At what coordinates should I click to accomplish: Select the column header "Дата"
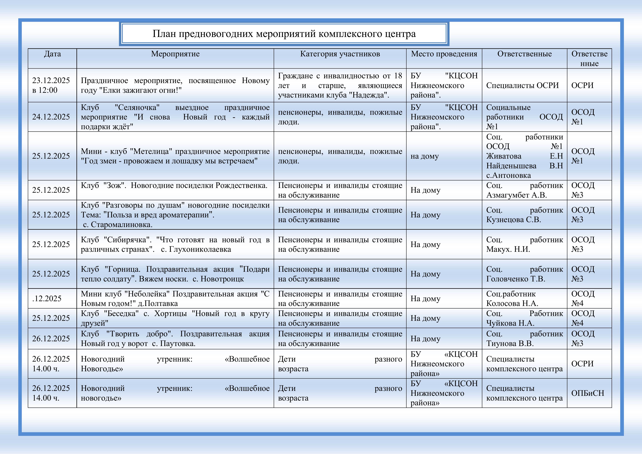click(x=52, y=54)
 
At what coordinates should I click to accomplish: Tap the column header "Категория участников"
click(x=340, y=54)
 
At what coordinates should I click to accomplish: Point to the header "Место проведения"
click(x=444, y=54)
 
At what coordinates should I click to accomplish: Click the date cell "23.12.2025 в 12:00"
click(x=51, y=85)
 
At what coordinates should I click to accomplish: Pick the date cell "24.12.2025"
click(x=51, y=117)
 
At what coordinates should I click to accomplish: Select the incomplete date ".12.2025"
click(x=47, y=298)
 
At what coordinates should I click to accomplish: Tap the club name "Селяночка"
click(x=137, y=107)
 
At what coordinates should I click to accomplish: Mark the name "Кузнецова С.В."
click(x=513, y=220)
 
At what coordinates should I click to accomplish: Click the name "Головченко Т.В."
click(x=516, y=279)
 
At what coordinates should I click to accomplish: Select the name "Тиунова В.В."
click(x=510, y=343)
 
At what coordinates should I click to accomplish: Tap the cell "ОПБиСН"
click(x=587, y=393)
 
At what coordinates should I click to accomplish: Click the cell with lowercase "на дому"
click(x=424, y=156)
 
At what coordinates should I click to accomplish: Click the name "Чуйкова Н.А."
click(x=510, y=323)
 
